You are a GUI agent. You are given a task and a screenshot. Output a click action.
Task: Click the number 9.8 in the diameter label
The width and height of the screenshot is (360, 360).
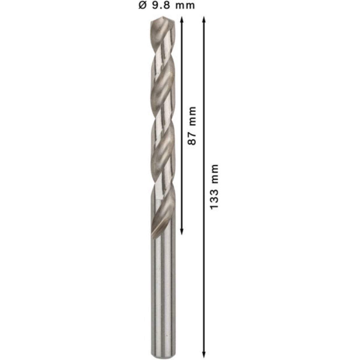161,5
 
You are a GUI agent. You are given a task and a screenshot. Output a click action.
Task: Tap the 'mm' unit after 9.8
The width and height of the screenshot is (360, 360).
185,6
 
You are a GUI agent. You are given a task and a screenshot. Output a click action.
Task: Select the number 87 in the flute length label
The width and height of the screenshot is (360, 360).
192,138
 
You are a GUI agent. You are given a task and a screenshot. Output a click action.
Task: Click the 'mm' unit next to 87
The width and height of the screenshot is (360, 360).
192,116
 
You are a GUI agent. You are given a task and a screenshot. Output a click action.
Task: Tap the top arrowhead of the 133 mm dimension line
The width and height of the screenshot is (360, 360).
204,19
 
